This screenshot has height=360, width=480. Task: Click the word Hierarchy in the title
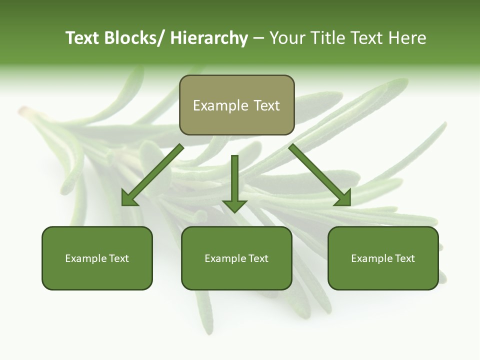(x=209, y=38)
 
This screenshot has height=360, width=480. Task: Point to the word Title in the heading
(x=327, y=38)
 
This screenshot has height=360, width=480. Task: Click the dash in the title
(x=258, y=38)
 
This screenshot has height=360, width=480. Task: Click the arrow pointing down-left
(x=152, y=175)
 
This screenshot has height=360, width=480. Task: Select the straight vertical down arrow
(x=235, y=182)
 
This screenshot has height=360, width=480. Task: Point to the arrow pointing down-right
(x=320, y=175)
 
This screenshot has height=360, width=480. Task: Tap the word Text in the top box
(x=265, y=105)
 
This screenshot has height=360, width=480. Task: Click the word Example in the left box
(x=85, y=258)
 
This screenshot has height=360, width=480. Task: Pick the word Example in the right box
(x=371, y=258)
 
